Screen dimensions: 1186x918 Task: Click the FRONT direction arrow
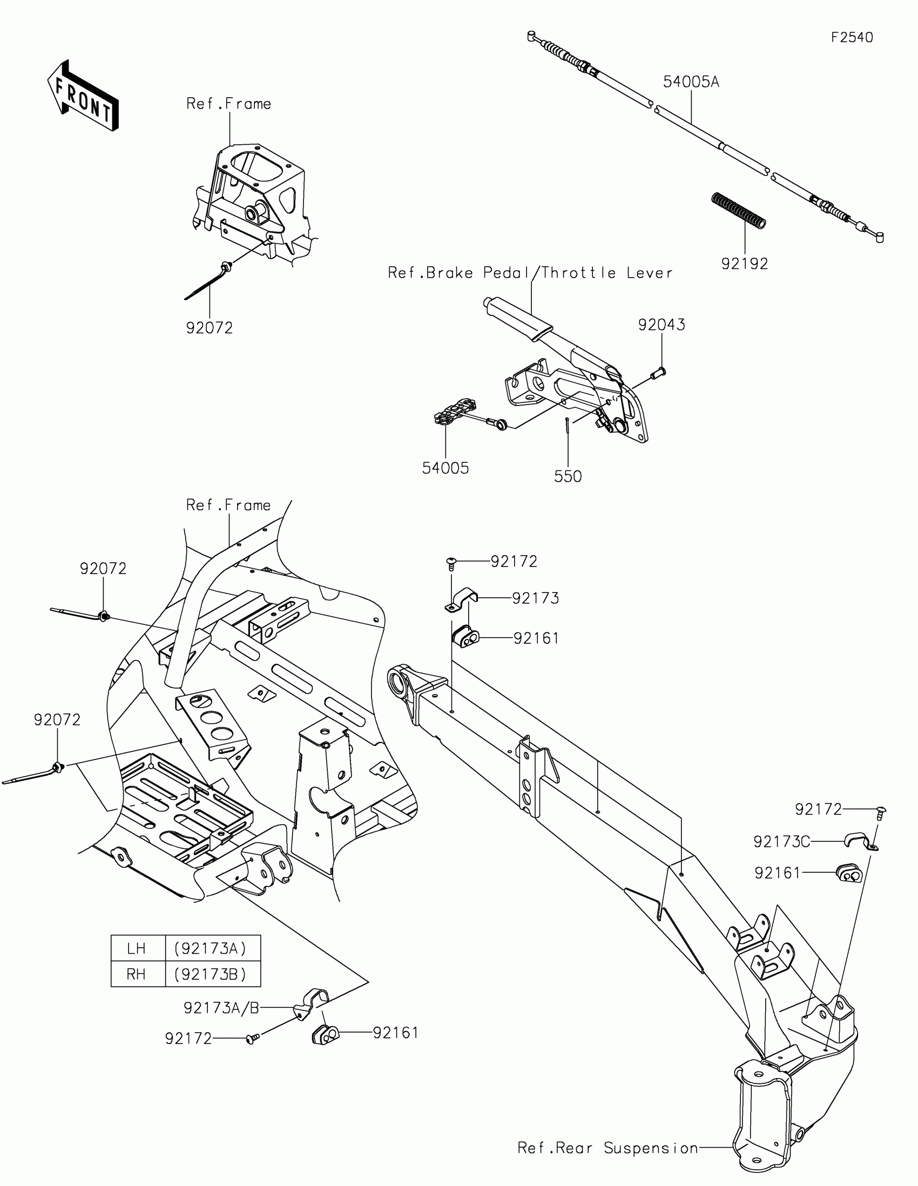coord(83,96)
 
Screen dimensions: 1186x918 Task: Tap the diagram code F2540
coord(852,37)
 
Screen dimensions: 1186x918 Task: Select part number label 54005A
coord(691,82)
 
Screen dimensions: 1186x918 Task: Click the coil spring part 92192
coord(738,211)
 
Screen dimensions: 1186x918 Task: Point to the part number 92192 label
coord(744,264)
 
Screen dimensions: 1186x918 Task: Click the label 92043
coord(661,325)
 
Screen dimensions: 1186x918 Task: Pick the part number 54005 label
coord(445,468)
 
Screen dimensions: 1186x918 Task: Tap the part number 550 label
coord(568,477)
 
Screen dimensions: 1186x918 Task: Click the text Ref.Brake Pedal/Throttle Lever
coord(530,273)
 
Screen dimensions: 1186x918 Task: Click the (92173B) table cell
coord(212,974)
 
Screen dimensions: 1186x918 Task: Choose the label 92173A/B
coord(221,1008)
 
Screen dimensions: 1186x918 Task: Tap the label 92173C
coord(781,842)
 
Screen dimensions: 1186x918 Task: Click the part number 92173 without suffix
coord(535,598)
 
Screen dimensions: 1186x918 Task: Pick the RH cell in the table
coord(137,974)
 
